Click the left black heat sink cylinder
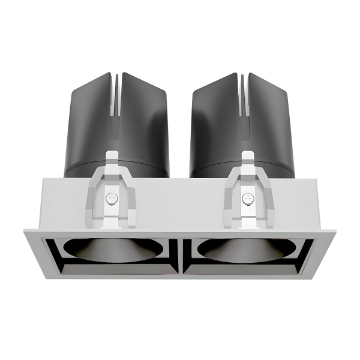coord(90,120)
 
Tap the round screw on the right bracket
coord(246,197)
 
